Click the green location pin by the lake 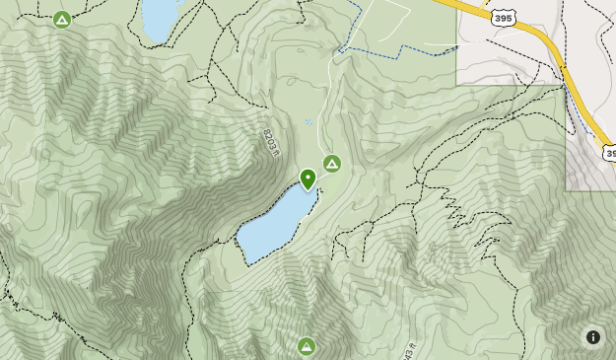[308, 179]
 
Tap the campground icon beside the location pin [332, 163]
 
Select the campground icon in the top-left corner [62, 19]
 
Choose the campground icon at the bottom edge [307, 345]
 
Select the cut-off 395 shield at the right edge [610, 153]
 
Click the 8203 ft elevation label [272, 142]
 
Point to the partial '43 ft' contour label [409, 349]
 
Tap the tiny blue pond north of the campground [308, 122]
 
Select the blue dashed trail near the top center [394, 46]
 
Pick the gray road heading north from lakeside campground [325, 99]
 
